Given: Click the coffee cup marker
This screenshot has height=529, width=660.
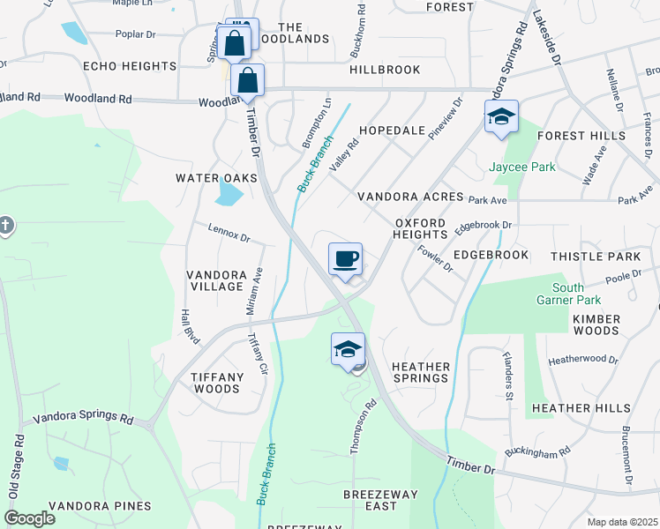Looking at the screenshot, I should coord(345,260).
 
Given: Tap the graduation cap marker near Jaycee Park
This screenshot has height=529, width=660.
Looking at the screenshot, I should coord(500,117).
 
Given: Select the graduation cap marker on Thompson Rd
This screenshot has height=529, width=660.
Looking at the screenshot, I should coord(348,350).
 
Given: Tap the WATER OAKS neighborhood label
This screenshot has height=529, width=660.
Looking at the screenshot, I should coord(216,178).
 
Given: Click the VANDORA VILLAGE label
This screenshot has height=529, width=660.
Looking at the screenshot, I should coord(215,280).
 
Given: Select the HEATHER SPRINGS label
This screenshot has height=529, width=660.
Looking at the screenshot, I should coord(421,372).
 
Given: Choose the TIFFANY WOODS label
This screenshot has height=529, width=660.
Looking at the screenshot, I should coord(217,383).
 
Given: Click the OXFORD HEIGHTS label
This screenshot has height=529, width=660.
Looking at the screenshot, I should coord(422,229).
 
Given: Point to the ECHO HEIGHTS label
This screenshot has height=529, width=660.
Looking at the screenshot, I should coord(130,67).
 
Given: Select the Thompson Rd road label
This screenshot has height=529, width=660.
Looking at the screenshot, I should coord(356,428).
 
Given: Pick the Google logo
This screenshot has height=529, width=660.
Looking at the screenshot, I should coord(30,518).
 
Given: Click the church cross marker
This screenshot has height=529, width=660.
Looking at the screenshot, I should coord(4,226).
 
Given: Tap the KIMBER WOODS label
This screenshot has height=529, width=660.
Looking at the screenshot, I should coord(596,324).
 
